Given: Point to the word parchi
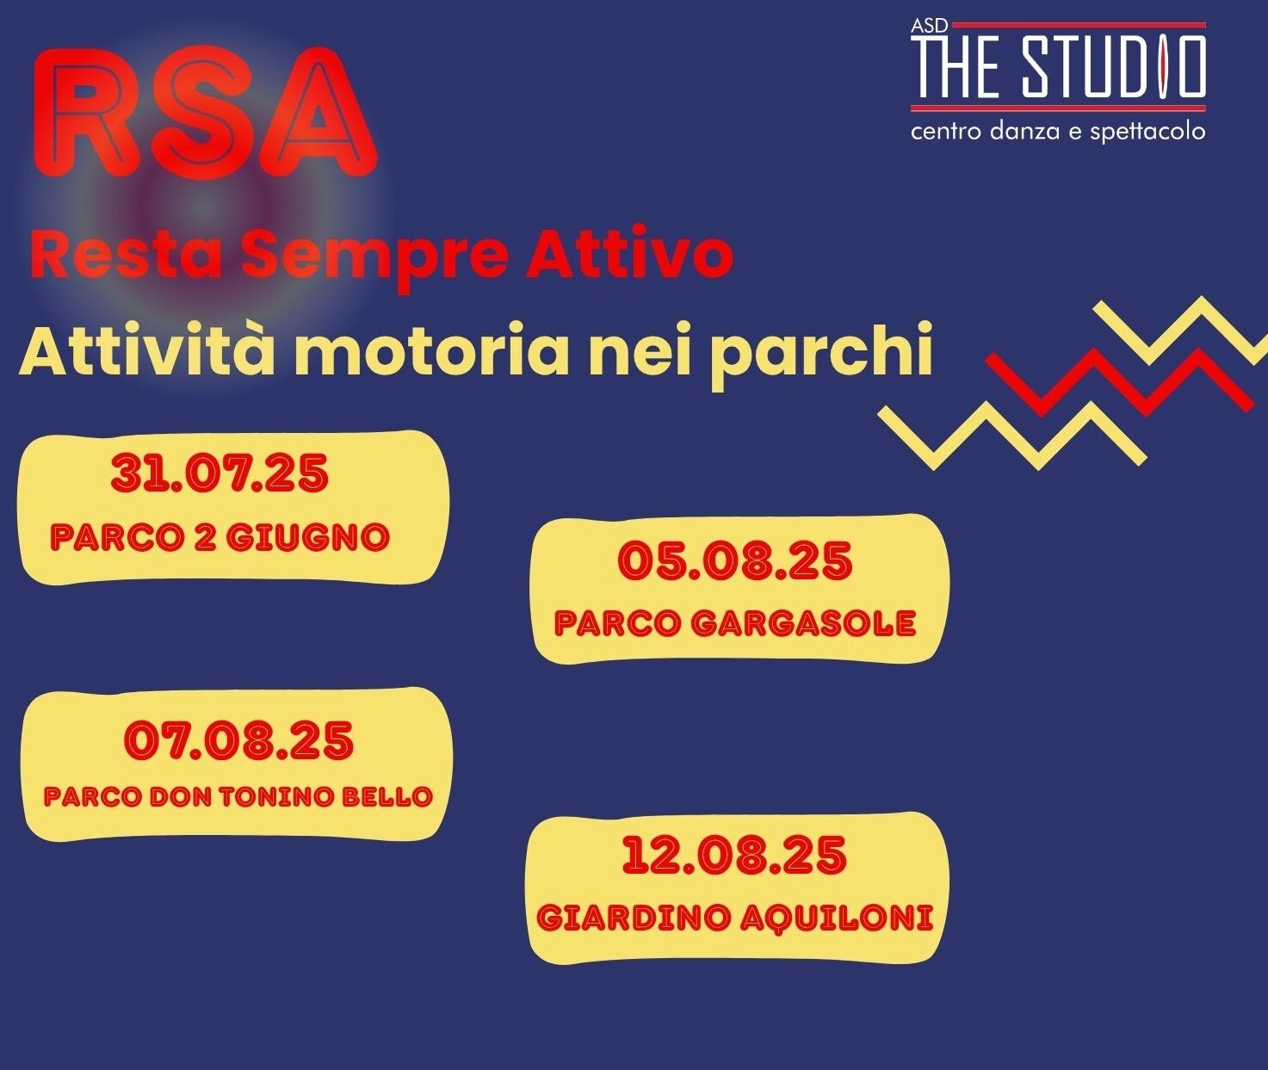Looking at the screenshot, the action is click(x=820, y=356).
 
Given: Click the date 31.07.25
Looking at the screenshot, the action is click(x=220, y=474).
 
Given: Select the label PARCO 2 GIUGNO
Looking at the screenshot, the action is click(x=220, y=537).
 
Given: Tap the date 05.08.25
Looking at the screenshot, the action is click(x=735, y=561).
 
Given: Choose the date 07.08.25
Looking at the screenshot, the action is click(x=238, y=740).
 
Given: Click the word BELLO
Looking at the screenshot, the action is click(x=387, y=797).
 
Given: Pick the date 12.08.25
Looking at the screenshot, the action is click(x=734, y=855).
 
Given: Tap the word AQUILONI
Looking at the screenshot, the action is click(x=836, y=918).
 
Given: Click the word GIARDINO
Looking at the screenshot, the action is click(x=634, y=917).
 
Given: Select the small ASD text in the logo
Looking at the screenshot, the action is click(x=929, y=26).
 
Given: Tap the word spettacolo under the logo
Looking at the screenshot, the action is click(x=1147, y=132).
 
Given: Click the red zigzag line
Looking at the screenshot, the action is click(x=1119, y=382).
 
